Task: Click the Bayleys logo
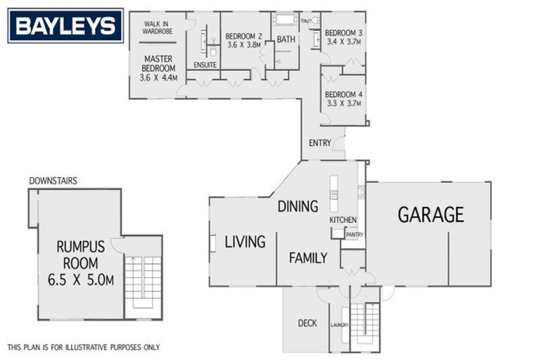click(65, 26)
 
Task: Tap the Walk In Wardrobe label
click(158, 27)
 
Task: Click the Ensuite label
click(205, 65)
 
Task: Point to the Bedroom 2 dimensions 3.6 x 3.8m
click(244, 45)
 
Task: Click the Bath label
click(286, 39)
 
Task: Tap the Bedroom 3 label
click(344, 32)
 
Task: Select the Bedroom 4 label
click(343, 94)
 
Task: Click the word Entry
click(319, 143)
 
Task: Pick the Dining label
click(297, 206)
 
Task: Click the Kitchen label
click(343, 221)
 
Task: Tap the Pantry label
click(354, 235)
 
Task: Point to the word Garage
click(431, 214)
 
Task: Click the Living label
click(245, 242)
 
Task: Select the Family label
click(308, 258)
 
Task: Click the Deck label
click(307, 323)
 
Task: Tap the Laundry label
click(340, 325)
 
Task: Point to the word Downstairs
click(53, 181)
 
